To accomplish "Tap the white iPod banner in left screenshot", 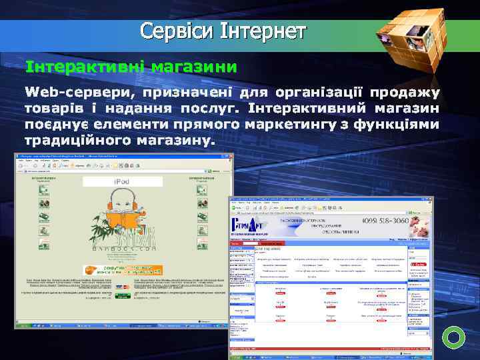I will point(123,181).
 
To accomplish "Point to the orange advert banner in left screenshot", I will point(121,269).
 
